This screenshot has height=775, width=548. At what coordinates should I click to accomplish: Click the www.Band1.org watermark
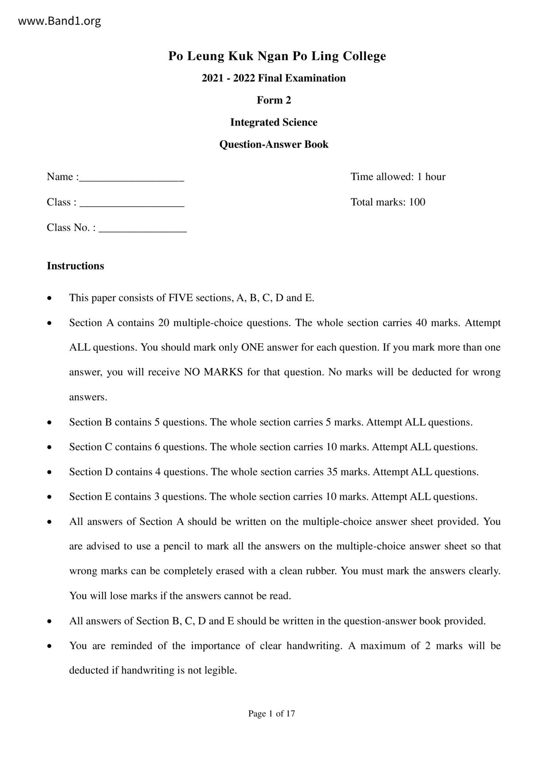(x=59, y=21)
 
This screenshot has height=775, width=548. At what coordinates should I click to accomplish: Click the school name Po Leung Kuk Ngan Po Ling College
(x=277, y=56)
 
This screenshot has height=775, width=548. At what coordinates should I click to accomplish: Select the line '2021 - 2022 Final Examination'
(x=274, y=78)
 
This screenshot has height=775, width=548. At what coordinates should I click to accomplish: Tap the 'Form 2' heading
(x=274, y=100)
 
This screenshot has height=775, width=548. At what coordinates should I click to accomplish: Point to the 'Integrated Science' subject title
(x=274, y=122)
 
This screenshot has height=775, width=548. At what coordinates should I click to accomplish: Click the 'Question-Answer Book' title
(x=274, y=144)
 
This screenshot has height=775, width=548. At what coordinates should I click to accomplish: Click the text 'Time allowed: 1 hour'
(x=398, y=177)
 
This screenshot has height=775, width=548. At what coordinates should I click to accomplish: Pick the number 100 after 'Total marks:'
(x=417, y=202)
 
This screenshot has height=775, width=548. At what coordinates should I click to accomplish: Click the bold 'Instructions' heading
(x=76, y=266)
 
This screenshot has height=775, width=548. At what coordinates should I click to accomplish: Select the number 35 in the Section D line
(x=332, y=472)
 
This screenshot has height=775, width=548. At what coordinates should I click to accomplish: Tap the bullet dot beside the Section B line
(x=50, y=423)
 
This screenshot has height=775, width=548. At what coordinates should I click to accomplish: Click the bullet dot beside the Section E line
(x=50, y=497)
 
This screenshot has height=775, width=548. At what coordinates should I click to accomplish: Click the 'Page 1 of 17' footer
(x=271, y=714)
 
